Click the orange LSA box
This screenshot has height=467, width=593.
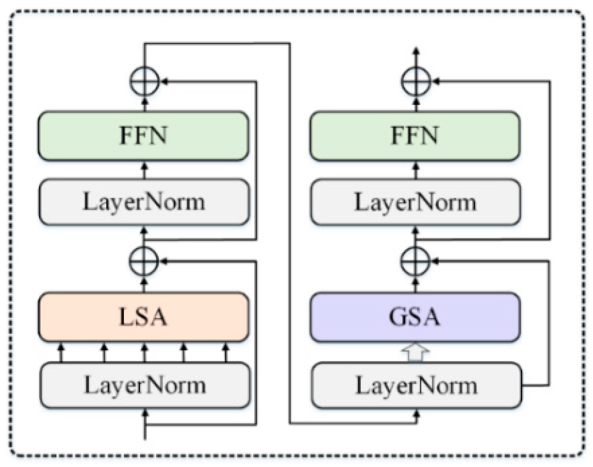point(143,317)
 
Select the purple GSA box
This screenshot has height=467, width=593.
point(415,317)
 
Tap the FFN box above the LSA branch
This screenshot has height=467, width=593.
point(143,136)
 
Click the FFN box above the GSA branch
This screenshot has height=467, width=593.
point(415,136)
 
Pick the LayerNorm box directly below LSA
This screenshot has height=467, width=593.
point(145,385)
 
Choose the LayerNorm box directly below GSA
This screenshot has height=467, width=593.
point(416,385)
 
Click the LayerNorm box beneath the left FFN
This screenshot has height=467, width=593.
point(144,202)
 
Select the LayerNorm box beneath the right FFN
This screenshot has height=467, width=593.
point(416,202)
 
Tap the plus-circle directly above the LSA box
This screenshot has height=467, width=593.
point(144,261)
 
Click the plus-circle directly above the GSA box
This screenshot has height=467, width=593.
point(416,261)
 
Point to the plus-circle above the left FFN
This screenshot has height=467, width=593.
point(145,81)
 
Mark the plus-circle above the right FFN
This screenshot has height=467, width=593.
point(416,81)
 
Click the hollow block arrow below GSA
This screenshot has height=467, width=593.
point(416,352)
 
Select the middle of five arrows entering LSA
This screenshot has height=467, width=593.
point(144,352)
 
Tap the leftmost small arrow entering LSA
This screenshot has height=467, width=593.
point(61,352)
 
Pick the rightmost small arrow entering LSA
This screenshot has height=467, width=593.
point(226,352)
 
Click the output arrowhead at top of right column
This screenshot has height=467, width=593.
point(416,52)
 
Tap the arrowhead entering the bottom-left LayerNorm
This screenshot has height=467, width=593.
point(145,413)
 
